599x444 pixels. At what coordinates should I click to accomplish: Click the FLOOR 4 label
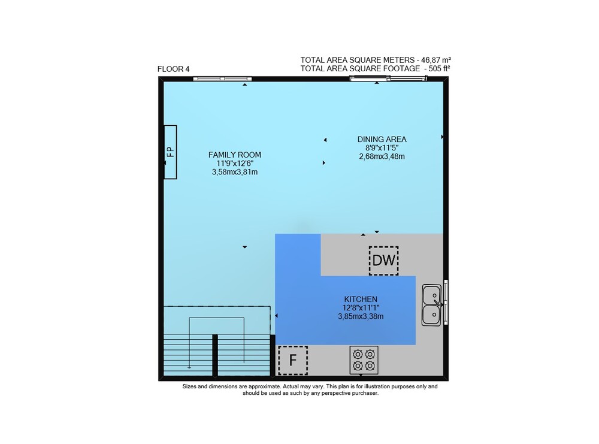pyautogui.click(x=174, y=69)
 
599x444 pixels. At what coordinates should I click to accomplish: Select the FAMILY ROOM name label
pyautogui.click(x=235, y=155)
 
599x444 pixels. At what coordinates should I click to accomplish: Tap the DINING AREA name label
pyautogui.click(x=382, y=140)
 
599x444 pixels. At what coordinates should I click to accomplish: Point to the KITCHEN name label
pyautogui.click(x=361, y=299)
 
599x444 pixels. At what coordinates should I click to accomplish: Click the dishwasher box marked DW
pyautogui.click(x=383, y=261)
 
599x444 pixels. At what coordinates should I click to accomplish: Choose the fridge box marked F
pyautogui.click(x=293, y=360)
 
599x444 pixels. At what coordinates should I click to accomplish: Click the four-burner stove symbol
pyautogui.click(x=364, y=360)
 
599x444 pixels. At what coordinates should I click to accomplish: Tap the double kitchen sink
pyautogui.click(x=431, y=305)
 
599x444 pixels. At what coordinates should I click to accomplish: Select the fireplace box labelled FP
pyautogui.click(x=170, y=152)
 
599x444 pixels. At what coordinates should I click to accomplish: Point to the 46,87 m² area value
pyautogui.click(x=436, y=60)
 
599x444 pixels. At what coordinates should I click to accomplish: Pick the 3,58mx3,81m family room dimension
pyautogui.click(x=235, y=172)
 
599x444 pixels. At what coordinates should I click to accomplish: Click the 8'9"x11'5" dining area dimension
pyautogui.click(x=382, y=148)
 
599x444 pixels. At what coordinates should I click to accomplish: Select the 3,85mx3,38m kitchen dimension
pyautogui.click(x=361, y=316)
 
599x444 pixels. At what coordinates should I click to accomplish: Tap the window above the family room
pyautogui.click(x=222, y=79)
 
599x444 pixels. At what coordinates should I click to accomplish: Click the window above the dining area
pyautogui.click(x=389, y=78)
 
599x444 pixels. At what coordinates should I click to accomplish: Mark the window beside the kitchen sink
pyautogui.click(x=446, y=302)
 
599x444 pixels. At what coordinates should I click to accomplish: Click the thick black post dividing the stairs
pyautogui.click(x=215, y=355)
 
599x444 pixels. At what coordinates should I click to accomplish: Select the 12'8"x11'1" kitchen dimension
pyautogui.click(x=361, y=307)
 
